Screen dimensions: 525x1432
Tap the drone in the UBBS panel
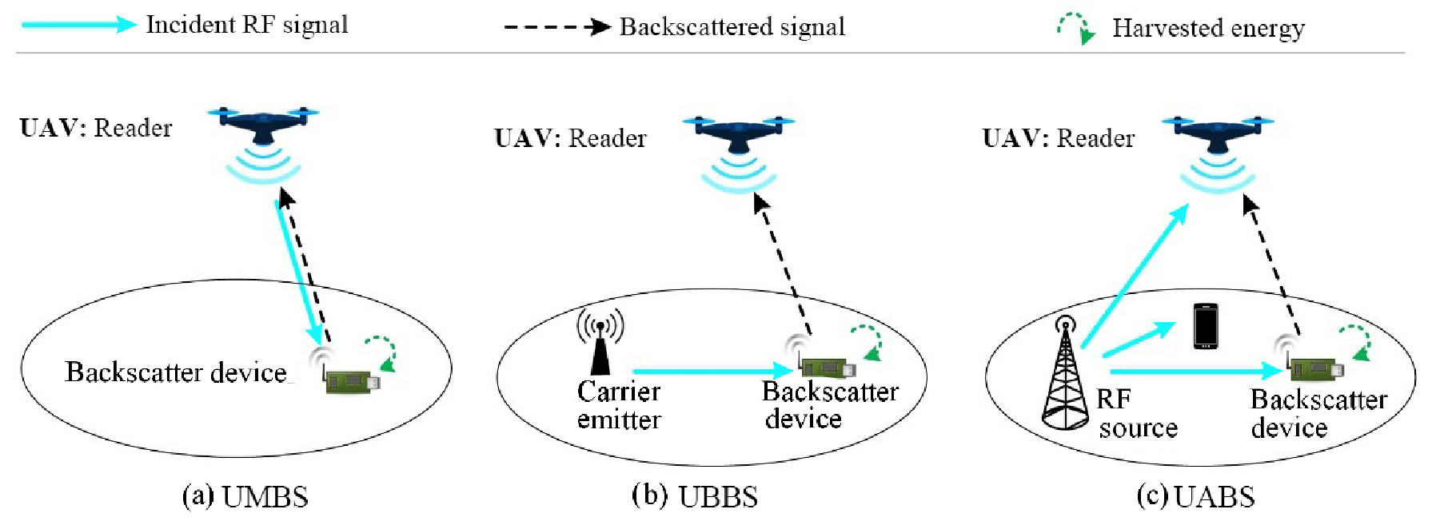(738, 131)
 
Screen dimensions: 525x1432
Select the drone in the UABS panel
(1218, 131)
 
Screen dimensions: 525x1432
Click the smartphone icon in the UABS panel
(1205, 326)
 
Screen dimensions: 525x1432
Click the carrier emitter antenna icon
(600, 344)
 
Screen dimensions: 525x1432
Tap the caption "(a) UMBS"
(245, 497)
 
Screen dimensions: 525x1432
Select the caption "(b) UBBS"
(694, 496)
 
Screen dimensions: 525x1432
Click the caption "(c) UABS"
(1195, 497)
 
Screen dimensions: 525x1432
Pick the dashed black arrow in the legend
(557, 27)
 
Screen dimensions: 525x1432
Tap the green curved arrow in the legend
(1076, 28)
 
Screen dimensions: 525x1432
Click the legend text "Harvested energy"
(1208, 28)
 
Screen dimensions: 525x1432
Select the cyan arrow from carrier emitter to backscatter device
(712, 371)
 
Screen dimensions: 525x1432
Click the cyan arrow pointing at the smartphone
(1139, 340)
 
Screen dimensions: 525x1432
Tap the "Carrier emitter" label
(619, 405)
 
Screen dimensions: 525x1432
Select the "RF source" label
(1135, 414)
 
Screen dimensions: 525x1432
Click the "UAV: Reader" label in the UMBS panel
(96, 128)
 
